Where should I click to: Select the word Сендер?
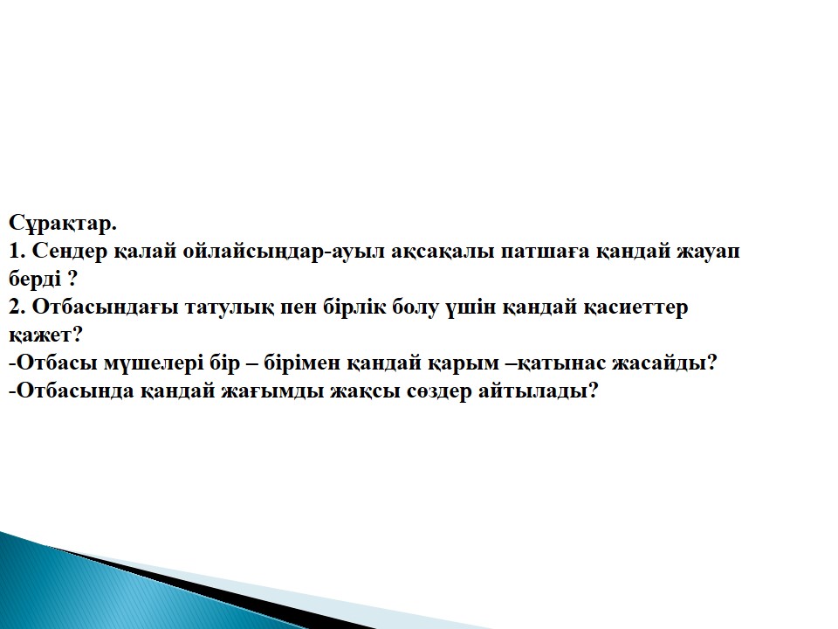pyautogui.click(x=70, y=252)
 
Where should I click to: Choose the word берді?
pyautogui.click(x=35, y=279)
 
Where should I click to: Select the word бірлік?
pyautogui.click(x=354, y=307)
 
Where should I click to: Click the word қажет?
pyautogui.click(x=40, y=335)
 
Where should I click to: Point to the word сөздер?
pyautogui.click(x=439, y=391)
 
